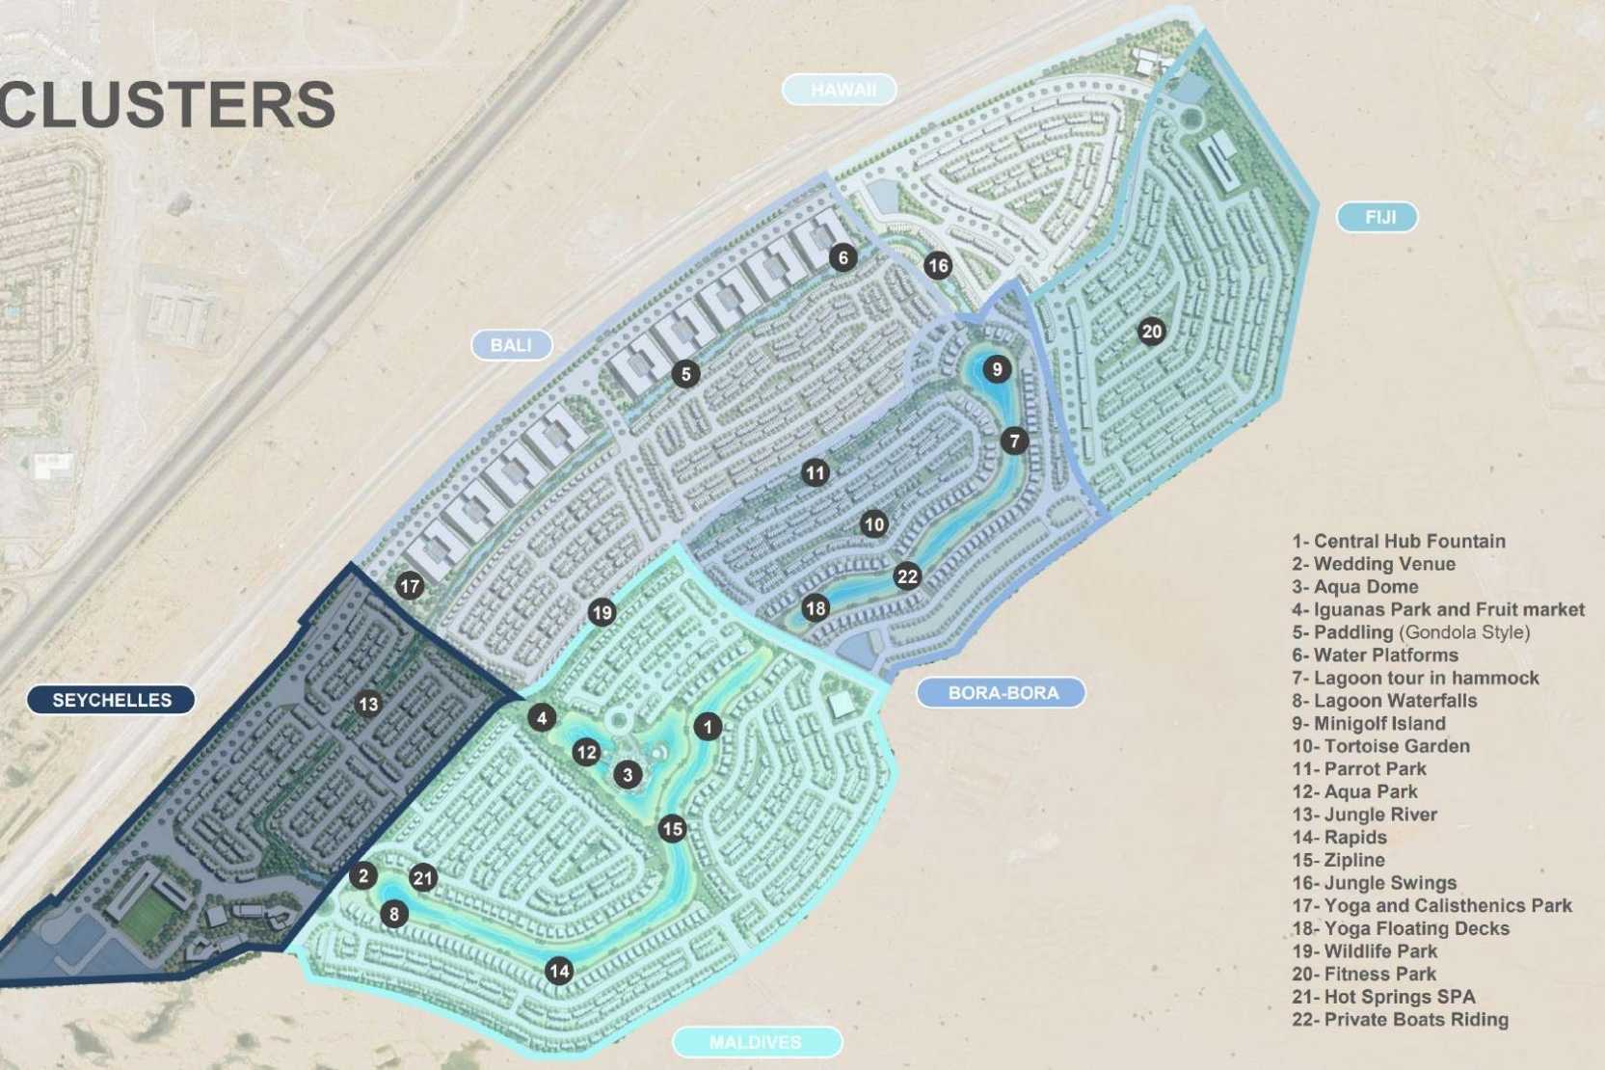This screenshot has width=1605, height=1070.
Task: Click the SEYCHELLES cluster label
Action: tap(111, 700)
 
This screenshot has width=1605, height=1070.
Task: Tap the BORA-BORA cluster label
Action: tap(1002, 692)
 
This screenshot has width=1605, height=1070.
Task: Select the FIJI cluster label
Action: tap(1378, 217)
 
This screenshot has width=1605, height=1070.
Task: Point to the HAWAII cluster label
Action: tap(842, 90)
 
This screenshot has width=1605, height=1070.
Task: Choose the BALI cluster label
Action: tap(511, 345)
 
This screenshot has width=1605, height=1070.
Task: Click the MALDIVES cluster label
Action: tap(756, 1042)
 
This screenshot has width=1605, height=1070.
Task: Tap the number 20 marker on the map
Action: tap(1151, 332)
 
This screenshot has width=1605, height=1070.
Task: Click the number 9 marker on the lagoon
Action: tap(997, 368)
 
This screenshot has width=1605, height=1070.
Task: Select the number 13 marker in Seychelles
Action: tap(368, 704)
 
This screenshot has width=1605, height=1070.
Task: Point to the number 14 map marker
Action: tap(559, 971)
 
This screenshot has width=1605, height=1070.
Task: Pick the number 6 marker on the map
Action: tap(843, 257)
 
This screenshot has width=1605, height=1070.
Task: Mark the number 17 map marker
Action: tap(410, 585)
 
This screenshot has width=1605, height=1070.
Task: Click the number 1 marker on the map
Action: tap(708, 726)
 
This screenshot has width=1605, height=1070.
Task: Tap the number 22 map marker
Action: tap(907, 576)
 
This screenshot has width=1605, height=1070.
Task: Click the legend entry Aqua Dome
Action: tap(1355, 587)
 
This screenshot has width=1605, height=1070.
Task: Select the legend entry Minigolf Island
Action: tap(1369, 724)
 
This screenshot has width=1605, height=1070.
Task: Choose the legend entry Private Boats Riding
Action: tap(1400, 1020)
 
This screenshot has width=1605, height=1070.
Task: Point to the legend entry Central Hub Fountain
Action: tap(1398, 542)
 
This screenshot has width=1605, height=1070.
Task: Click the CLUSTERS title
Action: tap(168, 104)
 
